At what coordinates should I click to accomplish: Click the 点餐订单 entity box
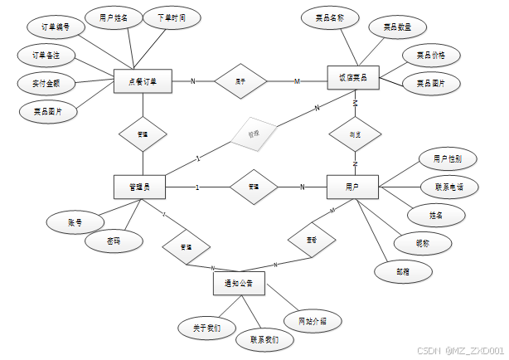pos(143,80)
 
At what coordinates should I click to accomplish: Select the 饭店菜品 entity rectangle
pos(353,80)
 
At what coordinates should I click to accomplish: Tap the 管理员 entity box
pos(138,187)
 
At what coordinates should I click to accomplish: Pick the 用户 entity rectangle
pos(353,187)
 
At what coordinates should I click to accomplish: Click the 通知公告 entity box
pos(239,284)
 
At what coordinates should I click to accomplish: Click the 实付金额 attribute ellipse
pos(46,83)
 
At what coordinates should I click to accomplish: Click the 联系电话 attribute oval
pos(448,187)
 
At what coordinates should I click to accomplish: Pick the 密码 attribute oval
pos(113,241)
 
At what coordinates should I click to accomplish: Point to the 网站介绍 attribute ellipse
pos(312,320)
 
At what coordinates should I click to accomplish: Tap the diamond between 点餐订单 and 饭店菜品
pos(240,81)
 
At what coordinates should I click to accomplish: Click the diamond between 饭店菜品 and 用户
pos(354,134)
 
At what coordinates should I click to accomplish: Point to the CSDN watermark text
pos(459,351)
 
